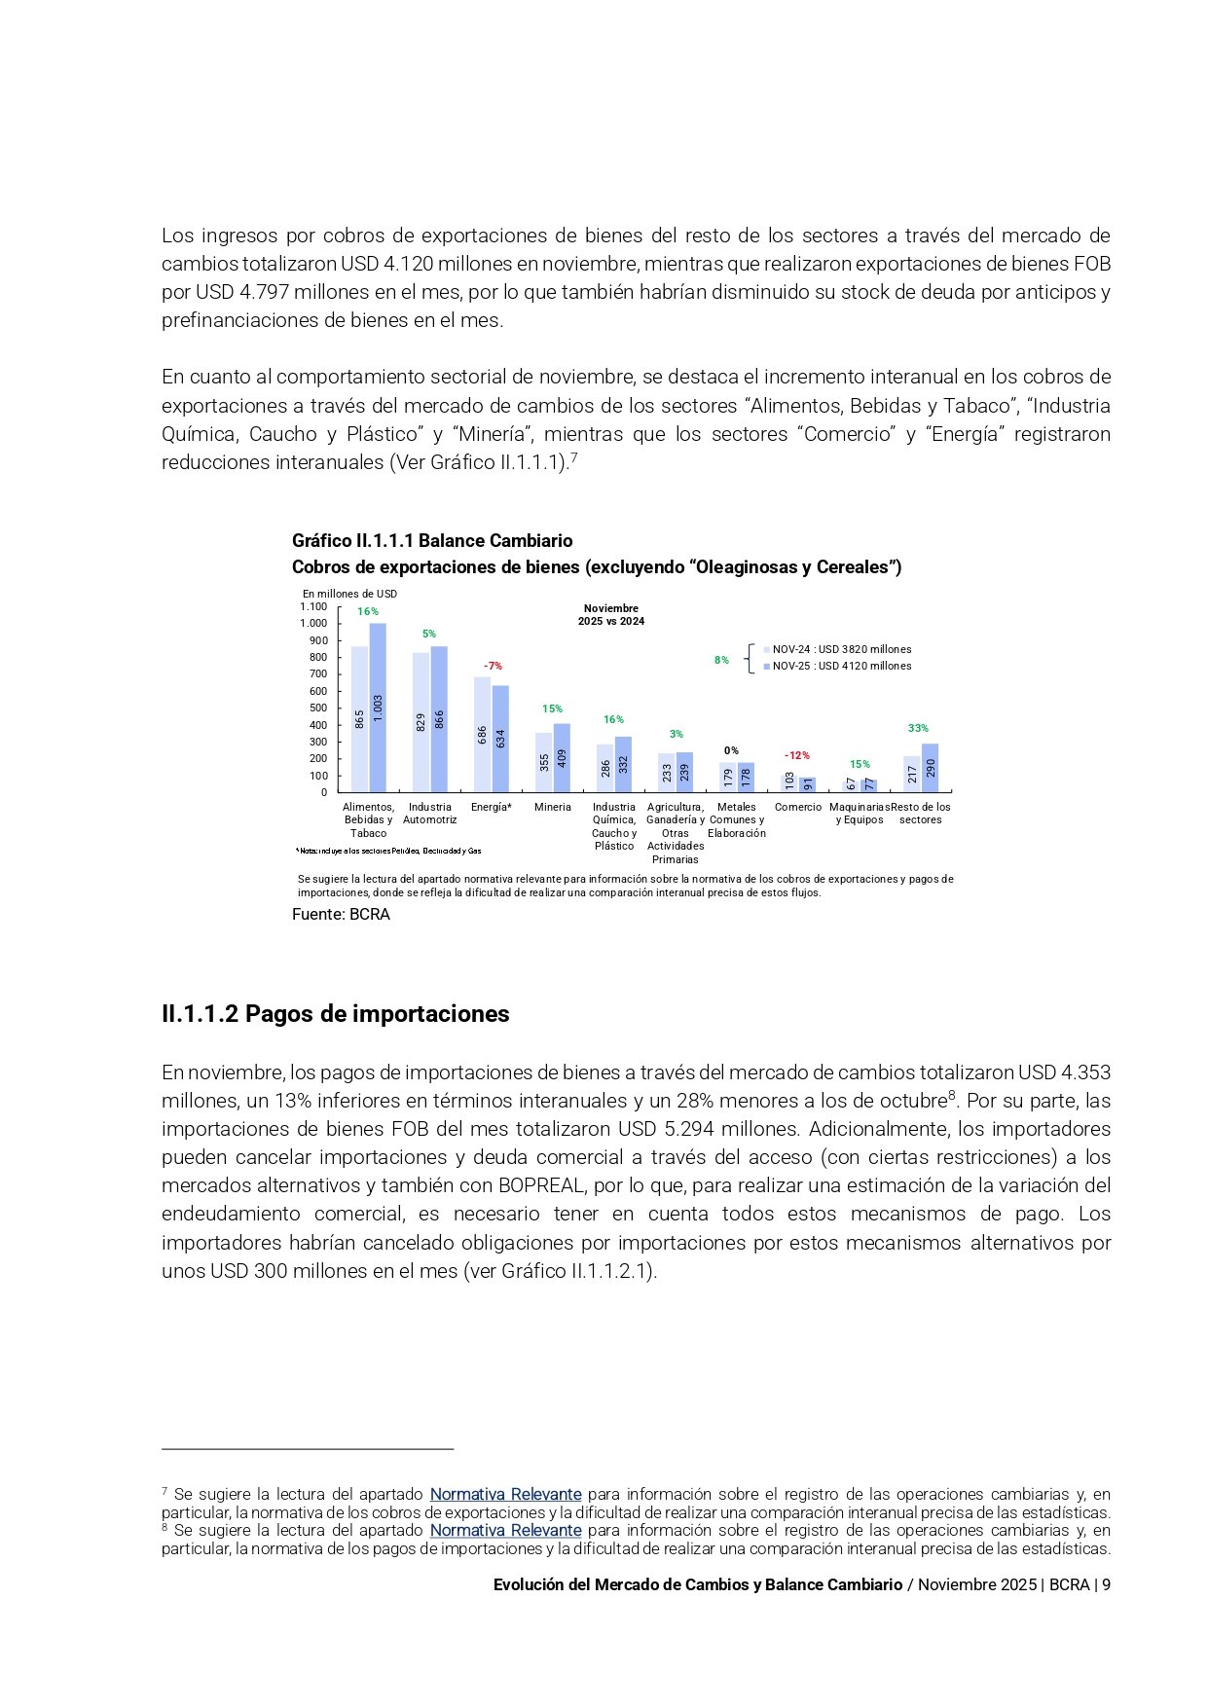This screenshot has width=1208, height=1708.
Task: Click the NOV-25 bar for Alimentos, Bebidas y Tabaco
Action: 378,708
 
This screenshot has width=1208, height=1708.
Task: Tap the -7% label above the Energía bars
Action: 493,666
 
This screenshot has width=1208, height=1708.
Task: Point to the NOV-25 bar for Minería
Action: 562,757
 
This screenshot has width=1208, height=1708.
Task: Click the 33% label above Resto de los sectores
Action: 918,728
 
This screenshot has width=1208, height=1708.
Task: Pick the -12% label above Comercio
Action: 796,755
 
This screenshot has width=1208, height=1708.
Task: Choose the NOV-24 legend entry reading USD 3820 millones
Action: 840,649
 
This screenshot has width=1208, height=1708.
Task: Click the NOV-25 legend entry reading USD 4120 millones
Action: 840,666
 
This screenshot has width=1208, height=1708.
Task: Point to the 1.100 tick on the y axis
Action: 313,606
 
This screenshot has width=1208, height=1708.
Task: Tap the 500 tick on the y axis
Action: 318,708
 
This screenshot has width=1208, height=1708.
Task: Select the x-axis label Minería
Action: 552,807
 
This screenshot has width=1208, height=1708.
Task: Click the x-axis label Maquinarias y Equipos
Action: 860,814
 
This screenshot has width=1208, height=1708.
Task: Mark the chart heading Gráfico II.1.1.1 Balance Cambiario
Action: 432,540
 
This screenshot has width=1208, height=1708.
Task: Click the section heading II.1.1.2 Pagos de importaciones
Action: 335,1014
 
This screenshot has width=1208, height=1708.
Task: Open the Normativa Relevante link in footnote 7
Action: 505,1494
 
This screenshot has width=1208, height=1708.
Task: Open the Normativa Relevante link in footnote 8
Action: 505,1530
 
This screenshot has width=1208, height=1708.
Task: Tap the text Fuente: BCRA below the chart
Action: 341,915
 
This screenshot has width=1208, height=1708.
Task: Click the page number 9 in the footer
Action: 1106,1584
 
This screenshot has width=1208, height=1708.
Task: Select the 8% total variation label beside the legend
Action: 721,660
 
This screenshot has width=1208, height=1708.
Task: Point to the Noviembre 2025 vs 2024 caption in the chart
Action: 610,614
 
